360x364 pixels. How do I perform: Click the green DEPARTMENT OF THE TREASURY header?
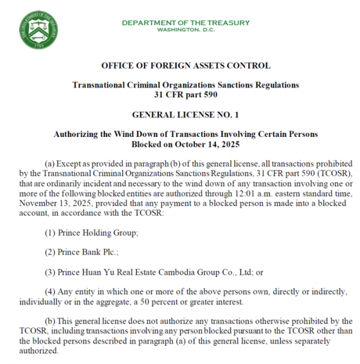[185, 23]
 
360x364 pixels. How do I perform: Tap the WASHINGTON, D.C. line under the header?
[185, 29]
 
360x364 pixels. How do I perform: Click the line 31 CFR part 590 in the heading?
[185, 94]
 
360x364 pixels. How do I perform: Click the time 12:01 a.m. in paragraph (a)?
[253, 193]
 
